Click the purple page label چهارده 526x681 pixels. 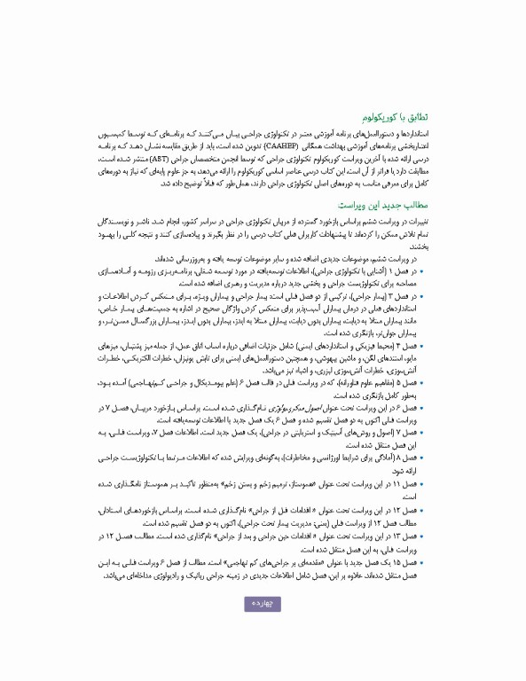[x=263, y=604]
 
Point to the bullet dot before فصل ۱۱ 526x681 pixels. [x=420, y=485]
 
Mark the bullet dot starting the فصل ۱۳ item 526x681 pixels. [x=420, y=536]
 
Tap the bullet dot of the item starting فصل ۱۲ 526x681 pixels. [x=420, y=511]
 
